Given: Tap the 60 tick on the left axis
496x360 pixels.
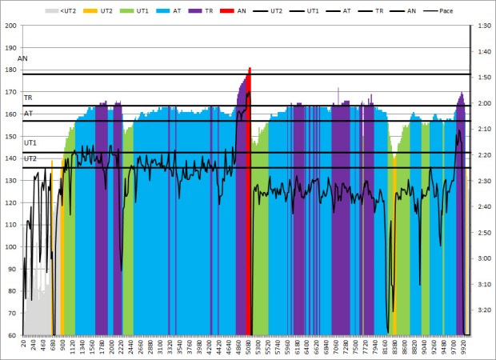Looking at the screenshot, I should tap(13, 335).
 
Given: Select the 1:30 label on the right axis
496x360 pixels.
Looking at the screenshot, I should tap(483, 26).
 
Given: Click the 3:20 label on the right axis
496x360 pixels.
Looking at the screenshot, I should tap(483, 310).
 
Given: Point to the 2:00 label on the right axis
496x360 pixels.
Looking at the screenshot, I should tap(483, 103).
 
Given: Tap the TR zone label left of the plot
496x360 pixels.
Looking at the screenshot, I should tap(28, 98).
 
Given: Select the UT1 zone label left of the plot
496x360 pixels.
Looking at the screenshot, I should tap(30, 142).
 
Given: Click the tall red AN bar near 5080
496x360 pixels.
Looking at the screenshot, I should tap(250, 200).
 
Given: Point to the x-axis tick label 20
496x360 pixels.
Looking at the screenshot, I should tap(25, 346).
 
